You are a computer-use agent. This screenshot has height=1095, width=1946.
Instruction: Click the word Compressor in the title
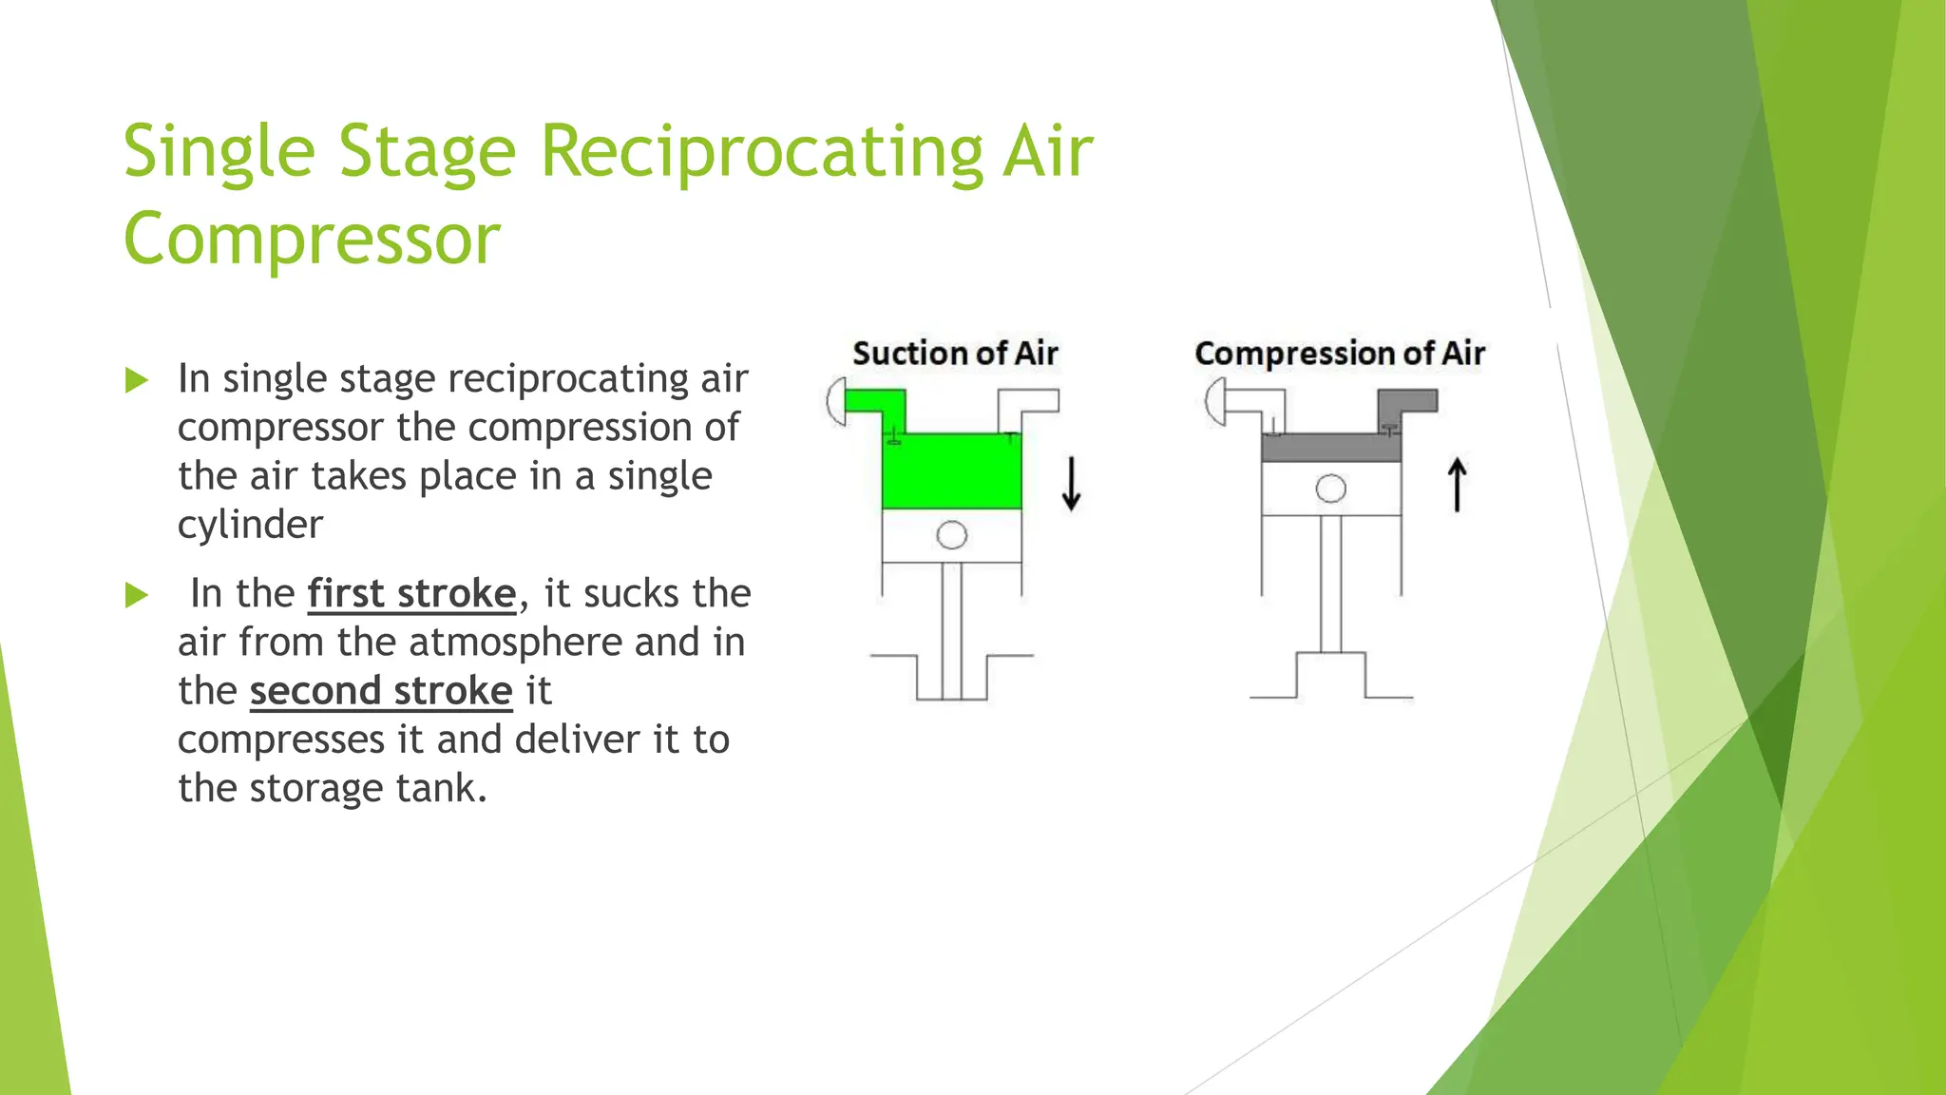(x=311, y=239)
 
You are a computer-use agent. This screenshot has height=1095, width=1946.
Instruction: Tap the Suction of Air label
(x=954, y=354)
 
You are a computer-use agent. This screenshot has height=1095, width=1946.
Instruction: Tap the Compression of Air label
(x=1339, y=354)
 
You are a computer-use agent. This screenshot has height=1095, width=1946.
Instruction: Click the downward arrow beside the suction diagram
(x=1071, y=484)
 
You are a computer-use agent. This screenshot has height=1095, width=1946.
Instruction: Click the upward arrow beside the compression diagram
(x=1457, y=485)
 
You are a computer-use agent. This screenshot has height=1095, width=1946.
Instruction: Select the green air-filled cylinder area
(x=951, y=471)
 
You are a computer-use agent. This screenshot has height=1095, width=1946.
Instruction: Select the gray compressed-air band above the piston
(x=1330, y=448)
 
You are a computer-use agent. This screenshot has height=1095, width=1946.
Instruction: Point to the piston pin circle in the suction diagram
(x=951, y=535)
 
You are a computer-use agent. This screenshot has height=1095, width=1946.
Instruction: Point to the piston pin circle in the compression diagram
(x=1330, y=489)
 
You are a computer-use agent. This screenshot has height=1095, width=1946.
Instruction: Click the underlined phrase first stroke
(x=411, y=594)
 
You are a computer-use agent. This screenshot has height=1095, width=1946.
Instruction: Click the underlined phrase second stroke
(x=381, y=691)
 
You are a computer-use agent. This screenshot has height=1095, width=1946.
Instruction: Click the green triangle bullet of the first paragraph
(x=137, y=381)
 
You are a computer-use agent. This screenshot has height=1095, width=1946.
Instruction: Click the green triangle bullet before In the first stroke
(x=137, y=596)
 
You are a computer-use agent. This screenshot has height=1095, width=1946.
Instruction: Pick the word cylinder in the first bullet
(x=250, y=526)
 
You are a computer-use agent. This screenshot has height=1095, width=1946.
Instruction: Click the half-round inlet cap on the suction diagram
(x=836, y=401)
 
